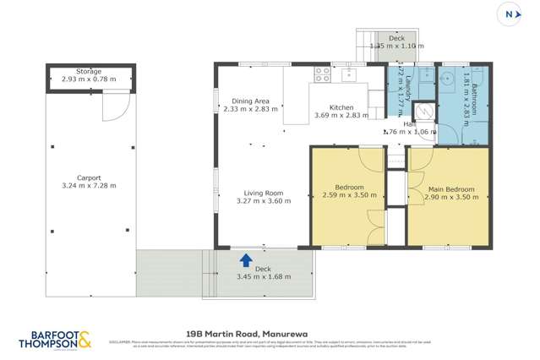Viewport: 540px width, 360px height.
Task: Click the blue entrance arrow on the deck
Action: point(246,259)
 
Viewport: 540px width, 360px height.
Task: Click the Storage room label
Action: point(88,72)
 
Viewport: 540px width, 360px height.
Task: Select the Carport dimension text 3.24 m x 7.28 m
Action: point(89,185)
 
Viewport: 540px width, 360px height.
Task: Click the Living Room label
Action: point(263,193)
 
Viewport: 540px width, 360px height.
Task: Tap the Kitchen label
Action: point(341,107)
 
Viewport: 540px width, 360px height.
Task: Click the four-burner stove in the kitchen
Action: point(322,74)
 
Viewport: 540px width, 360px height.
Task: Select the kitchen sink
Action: point(350,74)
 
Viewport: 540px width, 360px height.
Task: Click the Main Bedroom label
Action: point(450,188)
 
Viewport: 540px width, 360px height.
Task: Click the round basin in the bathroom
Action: point(447,75)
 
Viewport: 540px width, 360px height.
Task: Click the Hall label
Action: point(408,123)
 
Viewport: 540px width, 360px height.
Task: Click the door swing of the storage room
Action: point(115,106)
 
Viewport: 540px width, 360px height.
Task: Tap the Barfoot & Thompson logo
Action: point(54,340)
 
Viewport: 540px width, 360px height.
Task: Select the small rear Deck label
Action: point(396,39)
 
